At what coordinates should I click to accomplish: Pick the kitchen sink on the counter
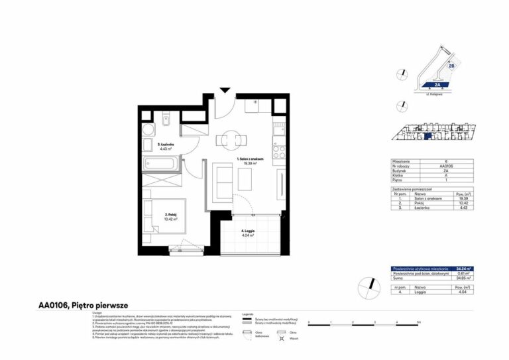pos(279,124)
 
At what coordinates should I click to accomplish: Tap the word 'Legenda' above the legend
pos(249,312)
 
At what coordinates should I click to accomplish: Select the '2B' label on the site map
pos(451,66)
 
